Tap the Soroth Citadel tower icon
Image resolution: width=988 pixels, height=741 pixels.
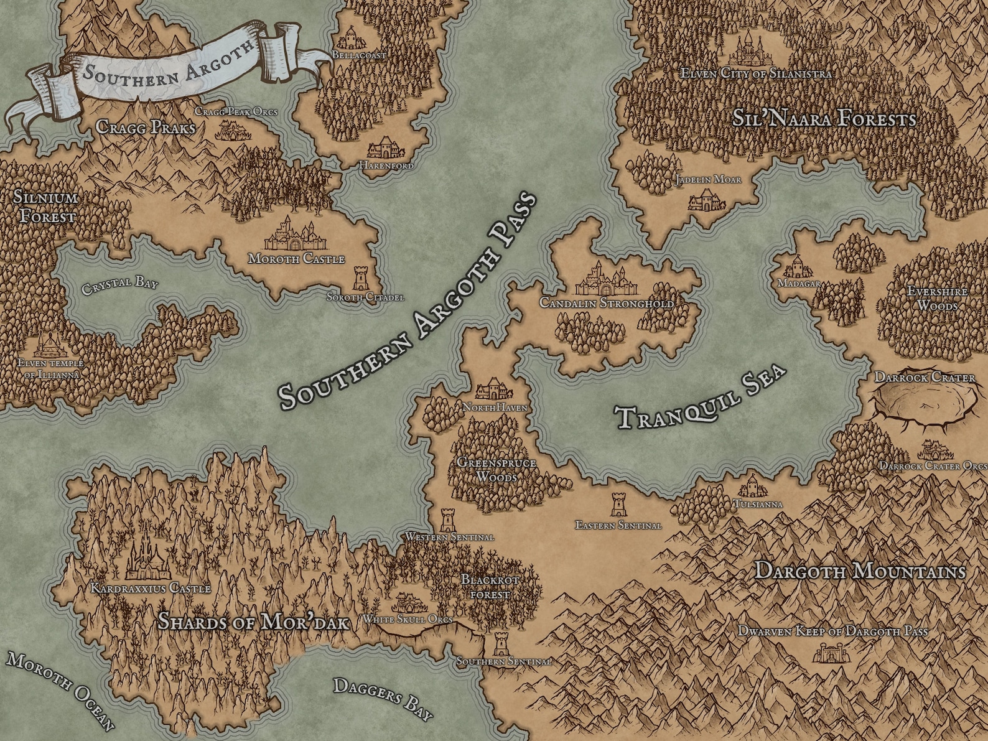[360, 279]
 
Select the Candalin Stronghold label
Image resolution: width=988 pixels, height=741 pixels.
[607, 304]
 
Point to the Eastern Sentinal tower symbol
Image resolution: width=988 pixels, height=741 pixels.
[617, 505]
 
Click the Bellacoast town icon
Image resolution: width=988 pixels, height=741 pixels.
[350, 37]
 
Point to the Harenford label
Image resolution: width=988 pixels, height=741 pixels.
[386, 166]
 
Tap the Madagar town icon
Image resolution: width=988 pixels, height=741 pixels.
[795, 267]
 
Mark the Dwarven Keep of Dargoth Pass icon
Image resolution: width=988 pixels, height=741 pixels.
[832, 653]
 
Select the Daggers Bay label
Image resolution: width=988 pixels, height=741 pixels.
[383, 699]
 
